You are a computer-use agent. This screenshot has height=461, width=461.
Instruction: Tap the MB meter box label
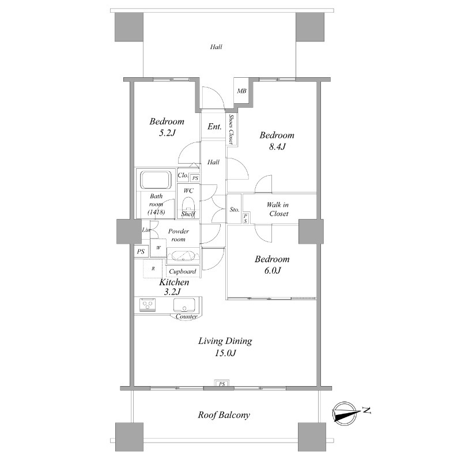pyautogui.click(x=241, y=91)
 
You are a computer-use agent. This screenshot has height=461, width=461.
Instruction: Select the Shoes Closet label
pyautogui.click(x=232, y=129)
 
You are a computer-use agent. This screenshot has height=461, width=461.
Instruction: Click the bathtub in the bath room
pyautogui.click(x=156, y=180)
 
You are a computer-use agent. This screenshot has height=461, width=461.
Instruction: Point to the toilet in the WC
pyautogui.click(x=188, y=205)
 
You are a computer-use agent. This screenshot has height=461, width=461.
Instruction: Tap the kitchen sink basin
pyautogui.click(x=184, y=305)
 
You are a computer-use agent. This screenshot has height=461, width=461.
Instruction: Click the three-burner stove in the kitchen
pyautogui.click(x=148, y=305)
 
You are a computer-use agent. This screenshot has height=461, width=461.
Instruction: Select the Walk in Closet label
pyautogui.click(x=278, y=209)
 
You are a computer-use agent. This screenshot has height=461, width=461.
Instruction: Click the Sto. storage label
pyautogui.click(x=235, y=210)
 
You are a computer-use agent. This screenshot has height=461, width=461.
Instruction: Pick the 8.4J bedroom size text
pyautogui.click(x=277, y=146)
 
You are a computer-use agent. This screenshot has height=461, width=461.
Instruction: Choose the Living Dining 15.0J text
pyautogui.click(x=225, y=347)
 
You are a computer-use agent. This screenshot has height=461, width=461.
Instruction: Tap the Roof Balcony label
pyautogui.click(x=224, y=415)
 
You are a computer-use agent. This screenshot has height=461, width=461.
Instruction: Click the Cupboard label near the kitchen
pyautogui.click(x=183, y=271)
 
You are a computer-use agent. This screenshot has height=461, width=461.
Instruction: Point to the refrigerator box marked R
pyautogui.click(x=153, y=269)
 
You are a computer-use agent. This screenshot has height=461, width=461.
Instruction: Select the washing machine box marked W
pyautogui.click(x=158, y=248)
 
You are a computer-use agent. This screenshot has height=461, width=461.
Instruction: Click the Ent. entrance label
pyautogui.click(x=214, y=126)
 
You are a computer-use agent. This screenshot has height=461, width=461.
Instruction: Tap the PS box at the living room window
pyautogui.click(x=222, y=384)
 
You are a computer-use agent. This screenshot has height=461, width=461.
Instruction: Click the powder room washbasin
pyautogui.click(x=183, y=255)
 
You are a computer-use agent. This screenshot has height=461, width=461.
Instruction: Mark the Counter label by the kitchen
pyautogui.click(x=186, y=316)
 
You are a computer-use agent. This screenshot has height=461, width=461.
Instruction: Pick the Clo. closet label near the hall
pyautogui.click(x=183, y=175)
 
